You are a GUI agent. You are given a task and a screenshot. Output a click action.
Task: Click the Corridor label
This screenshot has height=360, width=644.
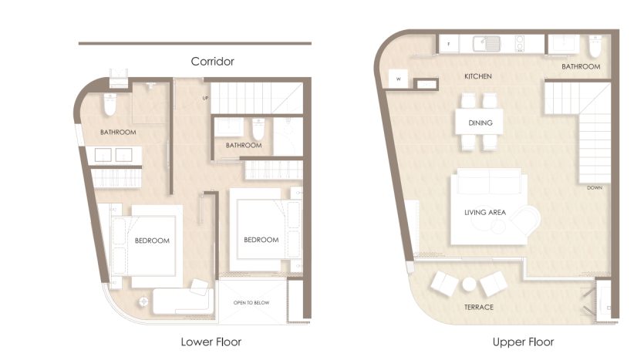click(212, 62)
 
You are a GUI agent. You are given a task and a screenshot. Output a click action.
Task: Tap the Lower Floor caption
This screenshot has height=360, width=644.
click(211, 342)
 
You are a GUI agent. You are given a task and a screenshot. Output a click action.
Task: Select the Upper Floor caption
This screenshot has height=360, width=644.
click(523, 342)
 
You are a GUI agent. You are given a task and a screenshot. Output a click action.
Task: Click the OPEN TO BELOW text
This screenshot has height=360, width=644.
click(251, 303)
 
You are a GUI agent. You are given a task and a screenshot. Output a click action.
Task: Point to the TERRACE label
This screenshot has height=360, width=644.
click(479, 307)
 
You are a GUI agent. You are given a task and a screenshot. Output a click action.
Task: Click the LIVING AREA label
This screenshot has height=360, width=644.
click(485, 212)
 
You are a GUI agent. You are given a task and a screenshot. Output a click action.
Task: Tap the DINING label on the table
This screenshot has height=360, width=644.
click(480, 123)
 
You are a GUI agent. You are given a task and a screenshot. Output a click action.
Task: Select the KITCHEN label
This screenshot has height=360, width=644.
click(478, 76)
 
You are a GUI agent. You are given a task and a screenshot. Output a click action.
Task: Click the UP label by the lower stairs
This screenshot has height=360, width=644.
click(205, 98)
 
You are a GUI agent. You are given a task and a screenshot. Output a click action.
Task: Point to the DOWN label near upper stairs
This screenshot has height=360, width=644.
click(595, 187)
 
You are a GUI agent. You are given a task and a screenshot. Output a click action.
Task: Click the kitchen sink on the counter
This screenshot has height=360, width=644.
click(487, 44)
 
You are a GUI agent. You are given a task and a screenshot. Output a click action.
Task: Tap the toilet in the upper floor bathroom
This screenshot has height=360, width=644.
click(595, 46)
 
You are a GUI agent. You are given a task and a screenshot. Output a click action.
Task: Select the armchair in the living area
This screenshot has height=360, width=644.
click(525, 220)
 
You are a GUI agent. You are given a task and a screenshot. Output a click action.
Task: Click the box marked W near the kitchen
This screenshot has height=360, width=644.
click(399, 79)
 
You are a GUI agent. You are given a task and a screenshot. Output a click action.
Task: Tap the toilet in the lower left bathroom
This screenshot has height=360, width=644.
click(110, 105)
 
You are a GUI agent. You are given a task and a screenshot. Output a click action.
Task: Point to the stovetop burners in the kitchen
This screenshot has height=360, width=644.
click(520, 44)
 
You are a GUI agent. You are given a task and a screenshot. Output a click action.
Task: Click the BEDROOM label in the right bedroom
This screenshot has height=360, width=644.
click(261, 240)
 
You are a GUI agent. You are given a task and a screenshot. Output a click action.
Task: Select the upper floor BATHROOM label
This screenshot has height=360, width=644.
click(581, 66)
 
